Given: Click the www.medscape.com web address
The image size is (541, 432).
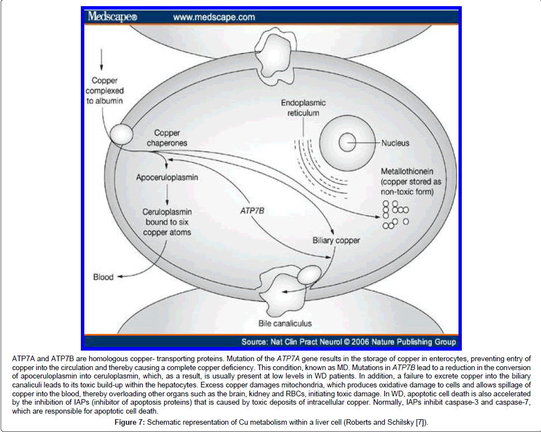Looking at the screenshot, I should pos(214,17).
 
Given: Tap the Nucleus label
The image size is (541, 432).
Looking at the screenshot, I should pos(395,143).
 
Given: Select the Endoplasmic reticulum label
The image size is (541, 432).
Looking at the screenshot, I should pos(303,108).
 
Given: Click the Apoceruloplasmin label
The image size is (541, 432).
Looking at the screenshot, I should pos(167,178).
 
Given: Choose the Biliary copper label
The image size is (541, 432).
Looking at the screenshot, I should pos(336,241).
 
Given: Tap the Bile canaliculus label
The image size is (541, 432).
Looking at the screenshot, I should pos(284,323).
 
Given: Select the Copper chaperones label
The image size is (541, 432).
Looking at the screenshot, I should pos(171,138).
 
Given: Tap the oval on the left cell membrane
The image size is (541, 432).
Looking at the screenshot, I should pos(120,133).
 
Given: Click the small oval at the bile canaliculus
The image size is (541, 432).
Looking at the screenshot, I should pos(308,274).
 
